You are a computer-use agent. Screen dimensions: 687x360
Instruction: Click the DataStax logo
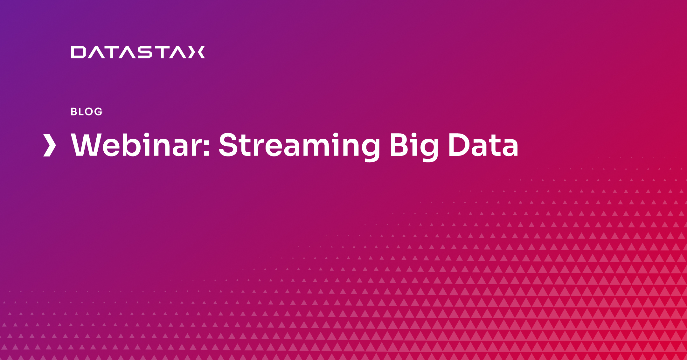click(x=138, y=52)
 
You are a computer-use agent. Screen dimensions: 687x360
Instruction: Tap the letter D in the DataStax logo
click(x=78, y=52)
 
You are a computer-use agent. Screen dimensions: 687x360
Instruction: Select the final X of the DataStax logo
click(x=197, y=52)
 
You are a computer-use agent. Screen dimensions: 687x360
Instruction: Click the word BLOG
click(x=87, y=112)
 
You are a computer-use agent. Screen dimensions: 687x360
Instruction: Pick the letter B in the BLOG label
click(x=74, y=112)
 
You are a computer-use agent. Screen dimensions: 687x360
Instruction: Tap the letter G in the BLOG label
click(x=99, y=112)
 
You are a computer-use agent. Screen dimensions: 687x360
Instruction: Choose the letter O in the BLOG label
click(x=89, y=112)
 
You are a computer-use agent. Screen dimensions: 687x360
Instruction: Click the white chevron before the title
click(x=50, y=145)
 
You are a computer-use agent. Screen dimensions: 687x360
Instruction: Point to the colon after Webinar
click(x=207, y=148)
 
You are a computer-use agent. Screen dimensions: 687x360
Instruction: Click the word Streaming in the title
click(x=299, y=147)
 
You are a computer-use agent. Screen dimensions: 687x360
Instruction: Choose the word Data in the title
click(x=483, y=145)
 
